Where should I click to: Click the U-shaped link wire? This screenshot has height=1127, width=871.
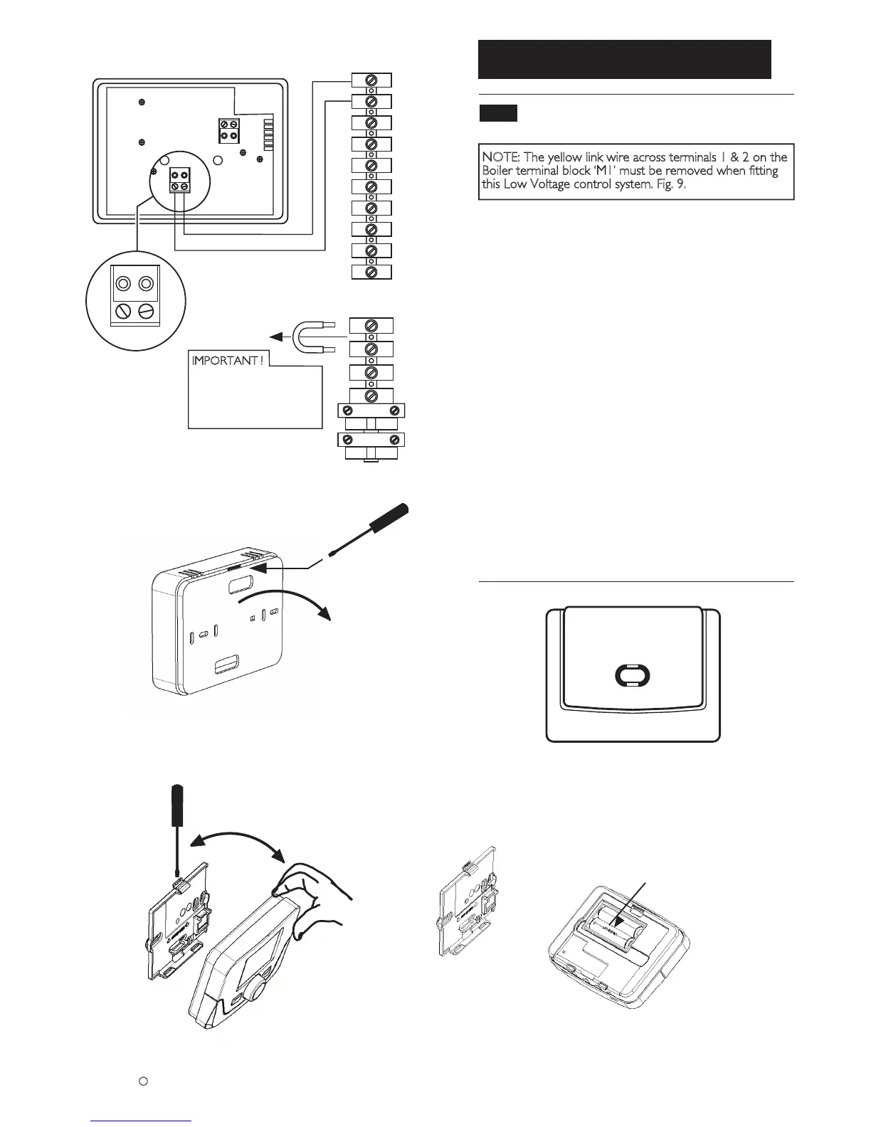click(311, 337)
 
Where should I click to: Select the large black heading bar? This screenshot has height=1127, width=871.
click(625, 59)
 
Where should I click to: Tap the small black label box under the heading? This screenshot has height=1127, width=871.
click(497, 113)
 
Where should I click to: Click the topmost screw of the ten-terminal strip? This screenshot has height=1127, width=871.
click(371, 80)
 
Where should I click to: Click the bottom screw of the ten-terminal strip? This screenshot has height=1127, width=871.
click(371, 273)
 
